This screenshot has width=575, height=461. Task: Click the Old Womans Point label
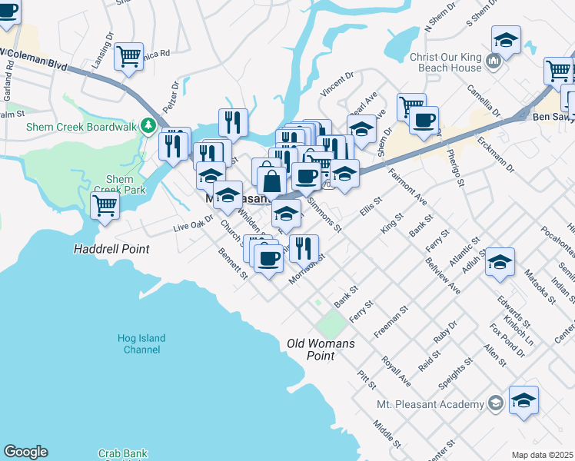coord(321,350)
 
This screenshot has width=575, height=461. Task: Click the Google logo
coord(25,452)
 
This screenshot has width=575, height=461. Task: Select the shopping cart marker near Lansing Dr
coord(129,55)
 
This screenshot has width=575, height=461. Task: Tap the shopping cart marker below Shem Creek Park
coord(105,205)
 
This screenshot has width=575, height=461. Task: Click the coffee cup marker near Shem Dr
coord(424,120)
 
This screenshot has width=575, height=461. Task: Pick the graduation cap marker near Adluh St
coord(500,264)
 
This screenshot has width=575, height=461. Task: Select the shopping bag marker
coord(271,183)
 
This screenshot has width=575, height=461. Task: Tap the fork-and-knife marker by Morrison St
coord(304,247)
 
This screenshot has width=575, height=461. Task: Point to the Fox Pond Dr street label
coord(507,340)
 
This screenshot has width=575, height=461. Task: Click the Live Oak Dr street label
coord(192,224)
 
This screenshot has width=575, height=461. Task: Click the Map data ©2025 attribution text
coord(542,455)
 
